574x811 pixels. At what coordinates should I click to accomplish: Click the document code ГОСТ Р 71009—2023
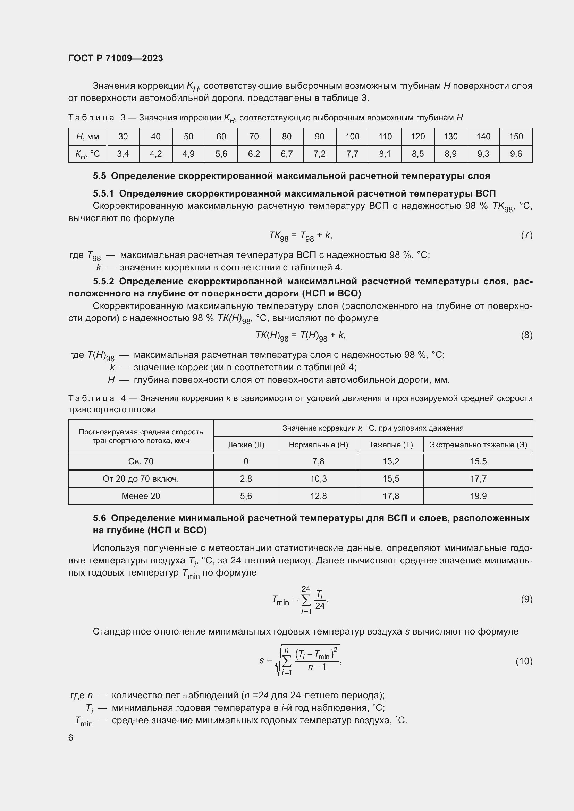(116, 58)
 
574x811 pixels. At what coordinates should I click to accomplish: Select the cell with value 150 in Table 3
(516, 136)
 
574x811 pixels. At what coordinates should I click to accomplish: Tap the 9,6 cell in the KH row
(516, 154)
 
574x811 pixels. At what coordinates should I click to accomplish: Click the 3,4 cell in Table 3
(123, 154)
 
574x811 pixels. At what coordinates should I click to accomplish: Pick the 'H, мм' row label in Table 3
(88, 136)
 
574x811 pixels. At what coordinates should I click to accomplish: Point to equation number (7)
(526, 235)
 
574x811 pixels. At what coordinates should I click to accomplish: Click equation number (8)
(526, 335)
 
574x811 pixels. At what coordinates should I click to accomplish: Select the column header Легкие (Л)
(246, 445)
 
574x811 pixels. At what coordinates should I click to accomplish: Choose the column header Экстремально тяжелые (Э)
(478, 445)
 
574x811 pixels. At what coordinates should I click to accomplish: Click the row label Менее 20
(141, 496)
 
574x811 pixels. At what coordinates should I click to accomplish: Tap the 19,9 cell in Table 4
(478, 496)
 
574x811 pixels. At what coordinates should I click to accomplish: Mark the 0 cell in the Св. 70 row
(246, 461)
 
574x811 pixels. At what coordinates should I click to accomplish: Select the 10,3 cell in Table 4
(318, 478)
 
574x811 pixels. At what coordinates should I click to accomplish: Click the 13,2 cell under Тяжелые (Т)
(390, 461)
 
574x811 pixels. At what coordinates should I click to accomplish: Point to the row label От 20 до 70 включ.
(141, 478)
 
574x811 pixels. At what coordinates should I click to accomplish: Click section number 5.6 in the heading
(99, 518)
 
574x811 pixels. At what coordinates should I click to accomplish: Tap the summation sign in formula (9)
(306, 600)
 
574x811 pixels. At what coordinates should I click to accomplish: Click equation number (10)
(524, 661)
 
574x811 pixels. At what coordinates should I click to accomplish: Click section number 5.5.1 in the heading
(103, 193)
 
